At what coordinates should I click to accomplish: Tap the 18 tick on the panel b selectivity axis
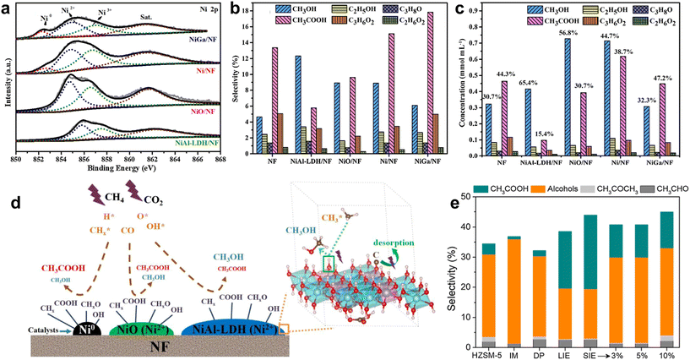(x=253, y=12)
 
